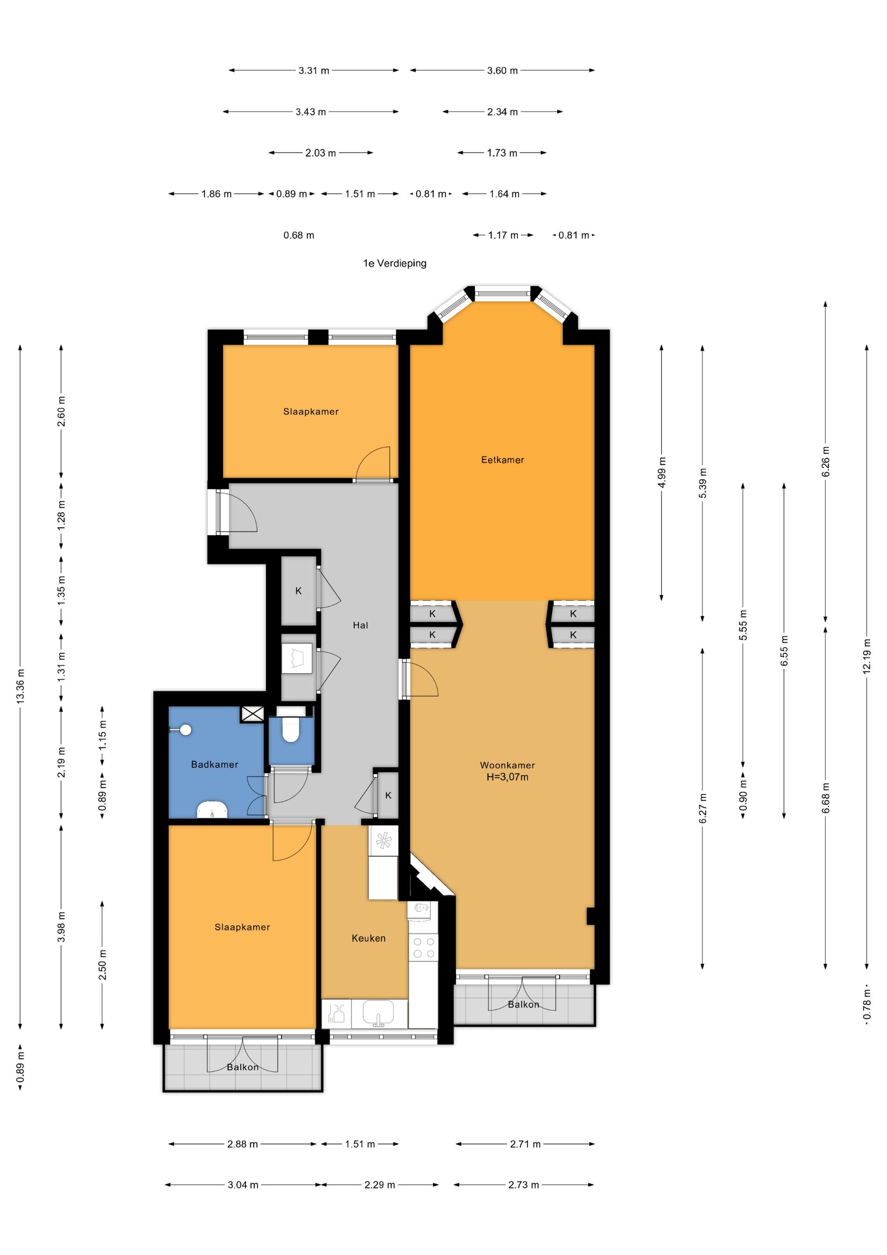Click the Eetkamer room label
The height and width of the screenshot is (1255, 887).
coord(502,460)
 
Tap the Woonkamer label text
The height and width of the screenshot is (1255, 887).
coord(507,765)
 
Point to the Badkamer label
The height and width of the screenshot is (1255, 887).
coord(214,764)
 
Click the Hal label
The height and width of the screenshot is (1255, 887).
coord(360,625)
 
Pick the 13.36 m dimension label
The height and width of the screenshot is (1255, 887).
coord(21,686)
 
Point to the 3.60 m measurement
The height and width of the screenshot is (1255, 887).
coord(502,71)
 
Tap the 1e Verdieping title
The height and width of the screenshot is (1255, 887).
coord(395,263)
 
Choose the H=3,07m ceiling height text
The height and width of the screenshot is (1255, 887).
coord(507,777)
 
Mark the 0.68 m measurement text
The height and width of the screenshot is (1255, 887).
coord(299,235)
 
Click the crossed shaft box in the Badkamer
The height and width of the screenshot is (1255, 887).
coord(253,714)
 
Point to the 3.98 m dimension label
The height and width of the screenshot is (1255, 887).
coord(61,927)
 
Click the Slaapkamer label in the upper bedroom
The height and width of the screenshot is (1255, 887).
coord(310,412)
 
